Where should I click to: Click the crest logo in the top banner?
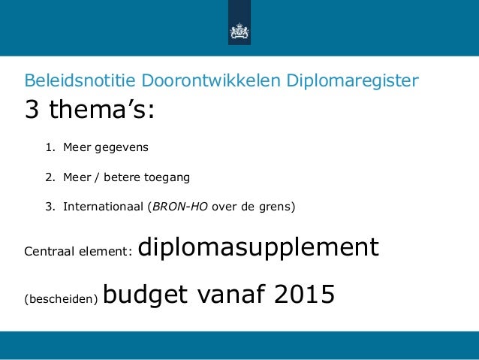click(x=239, y=32)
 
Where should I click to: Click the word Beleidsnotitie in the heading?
click(x=70, y=80)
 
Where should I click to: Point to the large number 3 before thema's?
click(x=33, y=111)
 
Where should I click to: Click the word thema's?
click(x=103, y=111)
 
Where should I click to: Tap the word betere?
click(x=133, y=177)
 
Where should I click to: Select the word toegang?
click(x=173, y=178)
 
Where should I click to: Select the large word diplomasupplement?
click(x=259, y=247)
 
